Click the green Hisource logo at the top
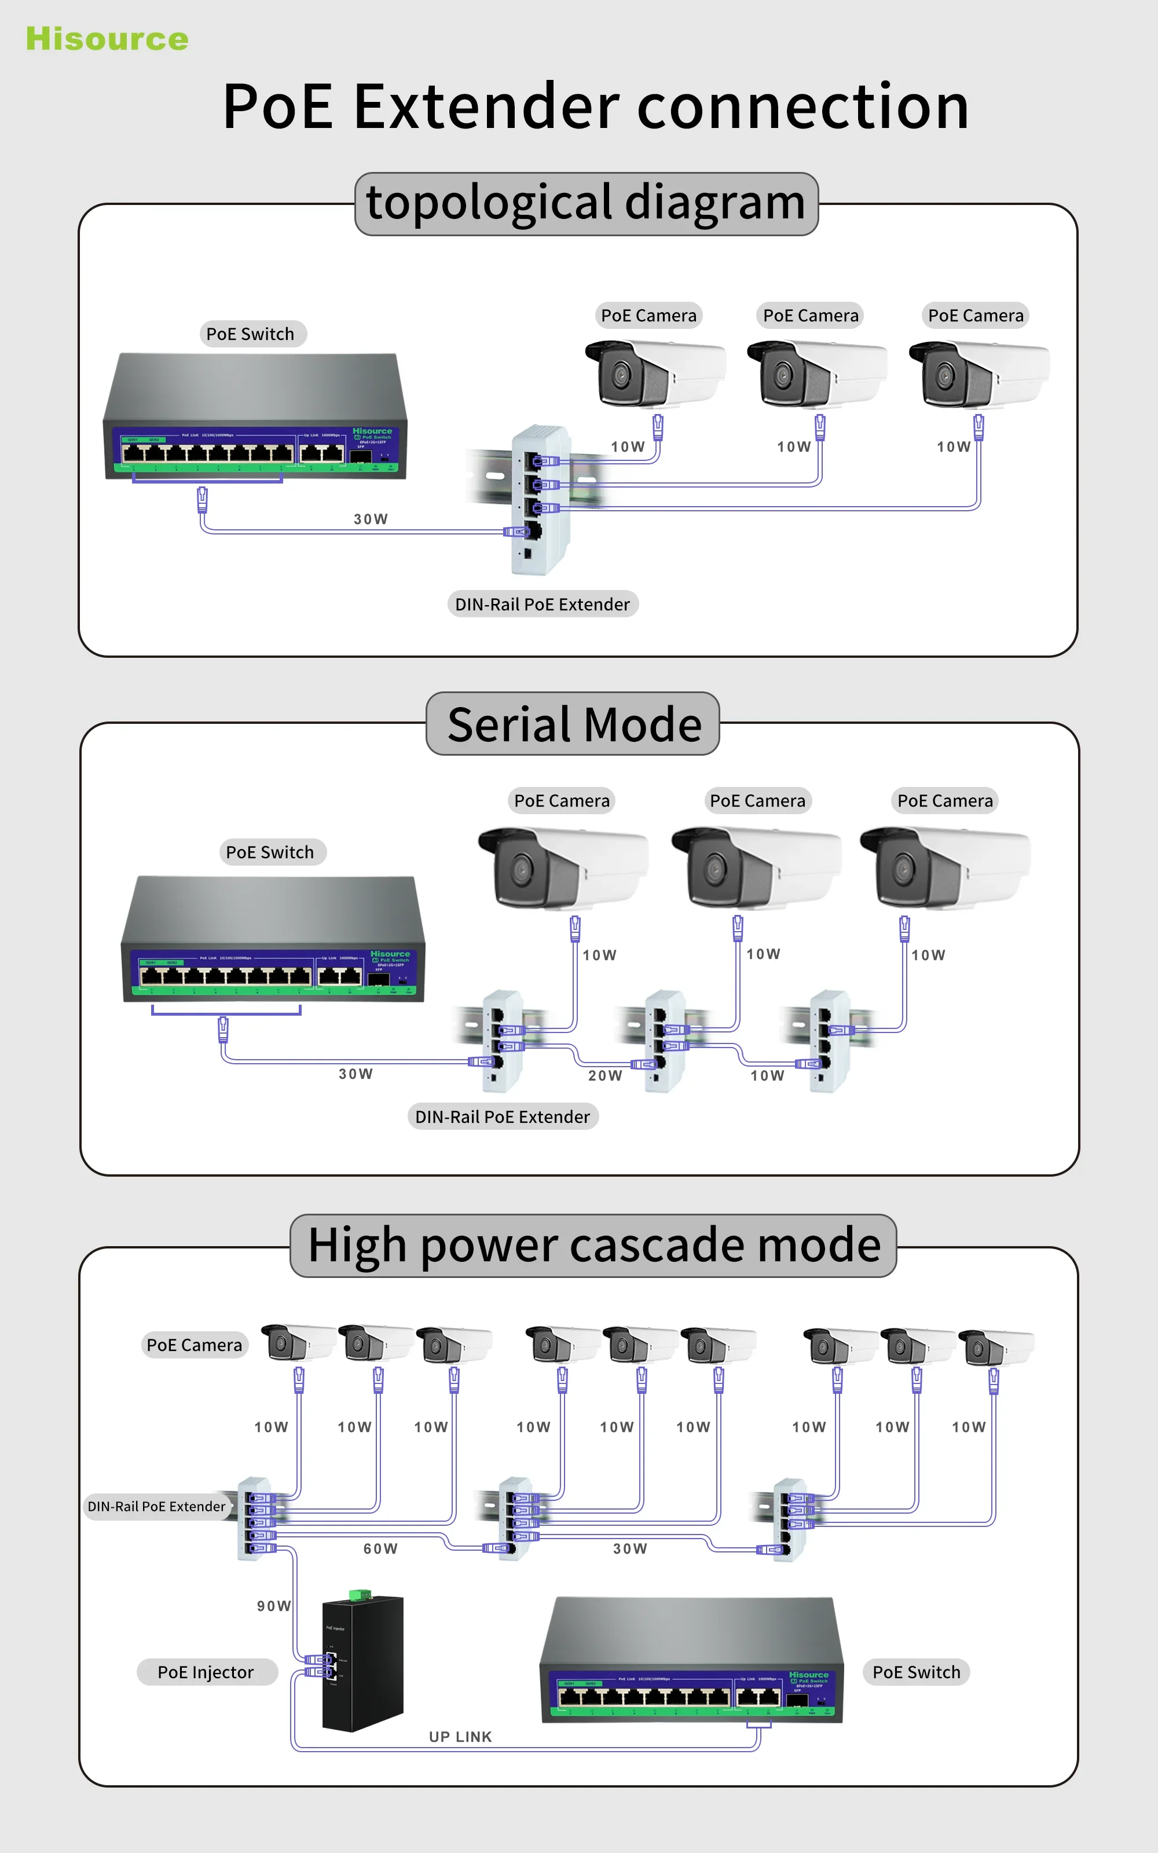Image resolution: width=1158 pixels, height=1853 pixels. tap(107, 39)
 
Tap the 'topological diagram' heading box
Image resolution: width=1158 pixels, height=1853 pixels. tap(586, 203)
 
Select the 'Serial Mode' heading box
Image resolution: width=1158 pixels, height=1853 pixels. tap(573, 724)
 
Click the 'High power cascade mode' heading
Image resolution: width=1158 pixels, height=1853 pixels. tap(593, 1245)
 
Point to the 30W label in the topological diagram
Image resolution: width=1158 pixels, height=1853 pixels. tap(371, 519)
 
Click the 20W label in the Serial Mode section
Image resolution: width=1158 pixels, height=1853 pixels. tap(605, 1076)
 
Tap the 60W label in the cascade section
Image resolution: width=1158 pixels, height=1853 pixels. tap(380, 1548)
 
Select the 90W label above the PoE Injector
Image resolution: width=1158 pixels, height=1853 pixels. tap(273, 1606)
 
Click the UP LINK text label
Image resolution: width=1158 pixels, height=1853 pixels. tap(460, 1737)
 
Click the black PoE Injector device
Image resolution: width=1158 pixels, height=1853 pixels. tap(363, 1665)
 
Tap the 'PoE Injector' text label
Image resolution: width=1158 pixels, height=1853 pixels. tap(205, 1672)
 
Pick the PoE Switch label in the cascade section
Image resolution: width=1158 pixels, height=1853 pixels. tap(916, 1672)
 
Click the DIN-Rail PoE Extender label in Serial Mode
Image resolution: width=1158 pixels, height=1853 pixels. tap(503, 1116)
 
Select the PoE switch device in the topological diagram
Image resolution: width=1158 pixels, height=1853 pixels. tap(255, 418)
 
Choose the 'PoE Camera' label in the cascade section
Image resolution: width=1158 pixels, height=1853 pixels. tap(194, 1345)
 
